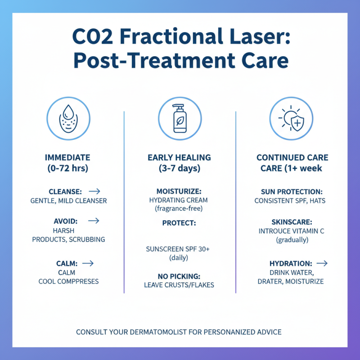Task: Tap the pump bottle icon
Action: pos(180,119)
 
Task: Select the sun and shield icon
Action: pos(292,119)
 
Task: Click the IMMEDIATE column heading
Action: pos(67,157)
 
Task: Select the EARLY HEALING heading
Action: pos(179,157)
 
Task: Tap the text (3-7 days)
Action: pos(179,169)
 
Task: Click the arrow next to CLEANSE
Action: pos(94,191)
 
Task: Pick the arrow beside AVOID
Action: pos(94,221)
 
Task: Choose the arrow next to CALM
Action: pos(88,263)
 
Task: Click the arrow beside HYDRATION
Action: pos(322,263)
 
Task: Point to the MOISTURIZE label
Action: pos(179,191)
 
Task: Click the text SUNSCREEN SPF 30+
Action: pos(179,249)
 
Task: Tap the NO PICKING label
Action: pos(179,276)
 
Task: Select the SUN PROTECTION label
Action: pos(292,191)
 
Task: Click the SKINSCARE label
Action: pos(292,222)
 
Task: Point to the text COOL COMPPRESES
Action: pos(68,281)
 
